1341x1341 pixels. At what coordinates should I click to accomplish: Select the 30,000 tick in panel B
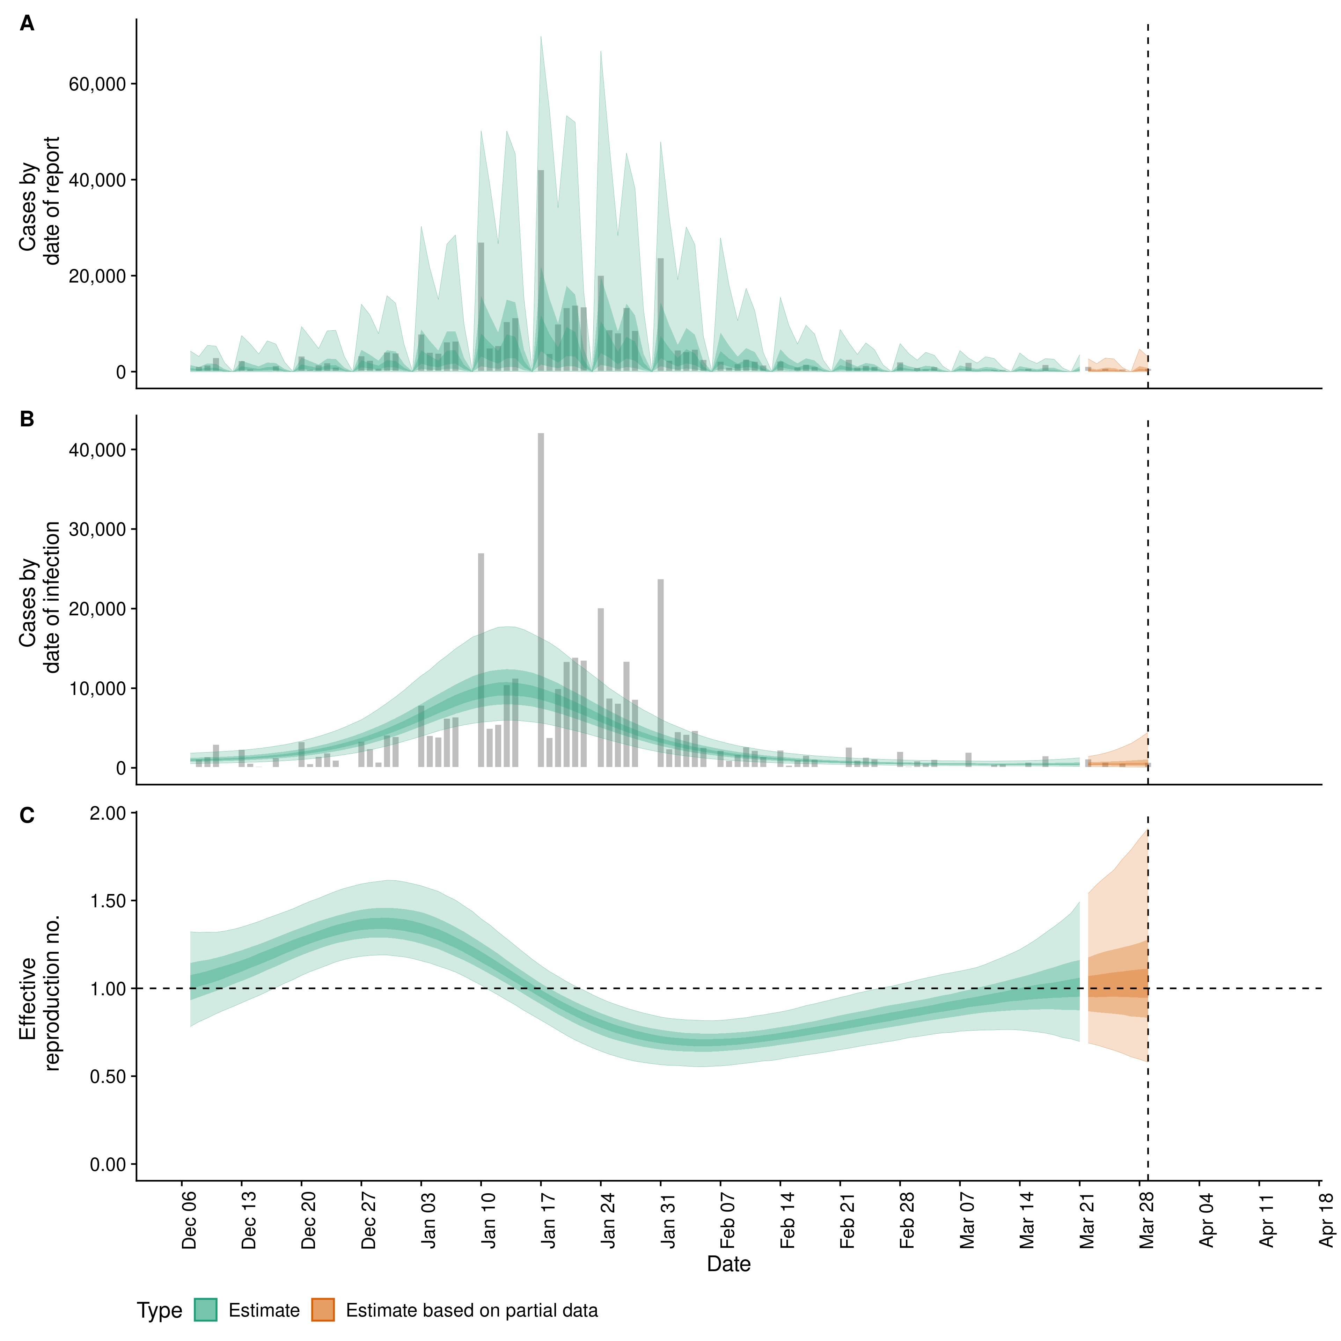(x=97, y=530)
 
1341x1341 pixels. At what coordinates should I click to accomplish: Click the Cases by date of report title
(x=39, y=201)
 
